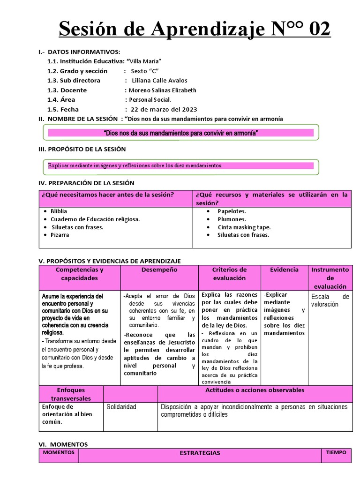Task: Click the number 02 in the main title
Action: point(315,30)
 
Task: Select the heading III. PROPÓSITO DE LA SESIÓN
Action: point(82,149)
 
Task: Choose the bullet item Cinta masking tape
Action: point(244,227)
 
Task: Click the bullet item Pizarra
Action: point(60,235)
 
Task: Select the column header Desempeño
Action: point(159,270)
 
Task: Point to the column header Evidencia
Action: point(284,270)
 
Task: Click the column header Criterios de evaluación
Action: point(229,274)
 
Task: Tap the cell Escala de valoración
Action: point(330,300)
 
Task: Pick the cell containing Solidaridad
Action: point(121,407)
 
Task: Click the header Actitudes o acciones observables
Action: point(255,390)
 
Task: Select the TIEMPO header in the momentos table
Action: point(337,453)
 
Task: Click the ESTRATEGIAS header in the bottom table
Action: point(200,453)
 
